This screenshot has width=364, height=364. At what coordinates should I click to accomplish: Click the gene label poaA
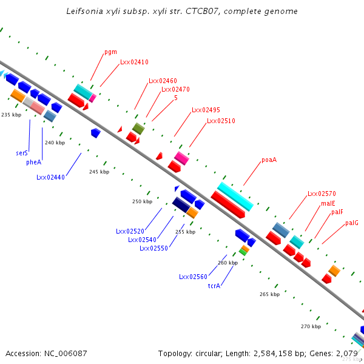click(269, 160)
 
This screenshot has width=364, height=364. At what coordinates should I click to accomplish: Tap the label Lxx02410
click(134, 62)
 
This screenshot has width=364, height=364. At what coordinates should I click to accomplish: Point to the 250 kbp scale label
click(142, 201)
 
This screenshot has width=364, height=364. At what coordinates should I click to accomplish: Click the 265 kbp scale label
click(269, 294)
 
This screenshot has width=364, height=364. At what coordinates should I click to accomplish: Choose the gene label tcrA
click(214, 285)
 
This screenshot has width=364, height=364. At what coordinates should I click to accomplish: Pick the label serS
click(22, 153)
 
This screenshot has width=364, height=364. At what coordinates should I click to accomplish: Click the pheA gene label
click(33, 163)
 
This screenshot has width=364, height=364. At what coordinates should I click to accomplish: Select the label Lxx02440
click(50, 177)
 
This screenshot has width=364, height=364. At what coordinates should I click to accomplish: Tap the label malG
click(352, 223)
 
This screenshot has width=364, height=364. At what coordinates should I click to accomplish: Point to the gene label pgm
click(110, 52)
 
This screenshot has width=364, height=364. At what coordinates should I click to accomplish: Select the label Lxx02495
click(206, 110)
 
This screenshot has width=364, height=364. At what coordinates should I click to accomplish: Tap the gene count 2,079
click(347, 353)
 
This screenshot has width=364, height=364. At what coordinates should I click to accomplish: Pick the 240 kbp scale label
click(55, 143)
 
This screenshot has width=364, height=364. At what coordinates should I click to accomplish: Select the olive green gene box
click(138, 128)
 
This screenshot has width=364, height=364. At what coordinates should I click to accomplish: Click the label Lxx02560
click(193, 277)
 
